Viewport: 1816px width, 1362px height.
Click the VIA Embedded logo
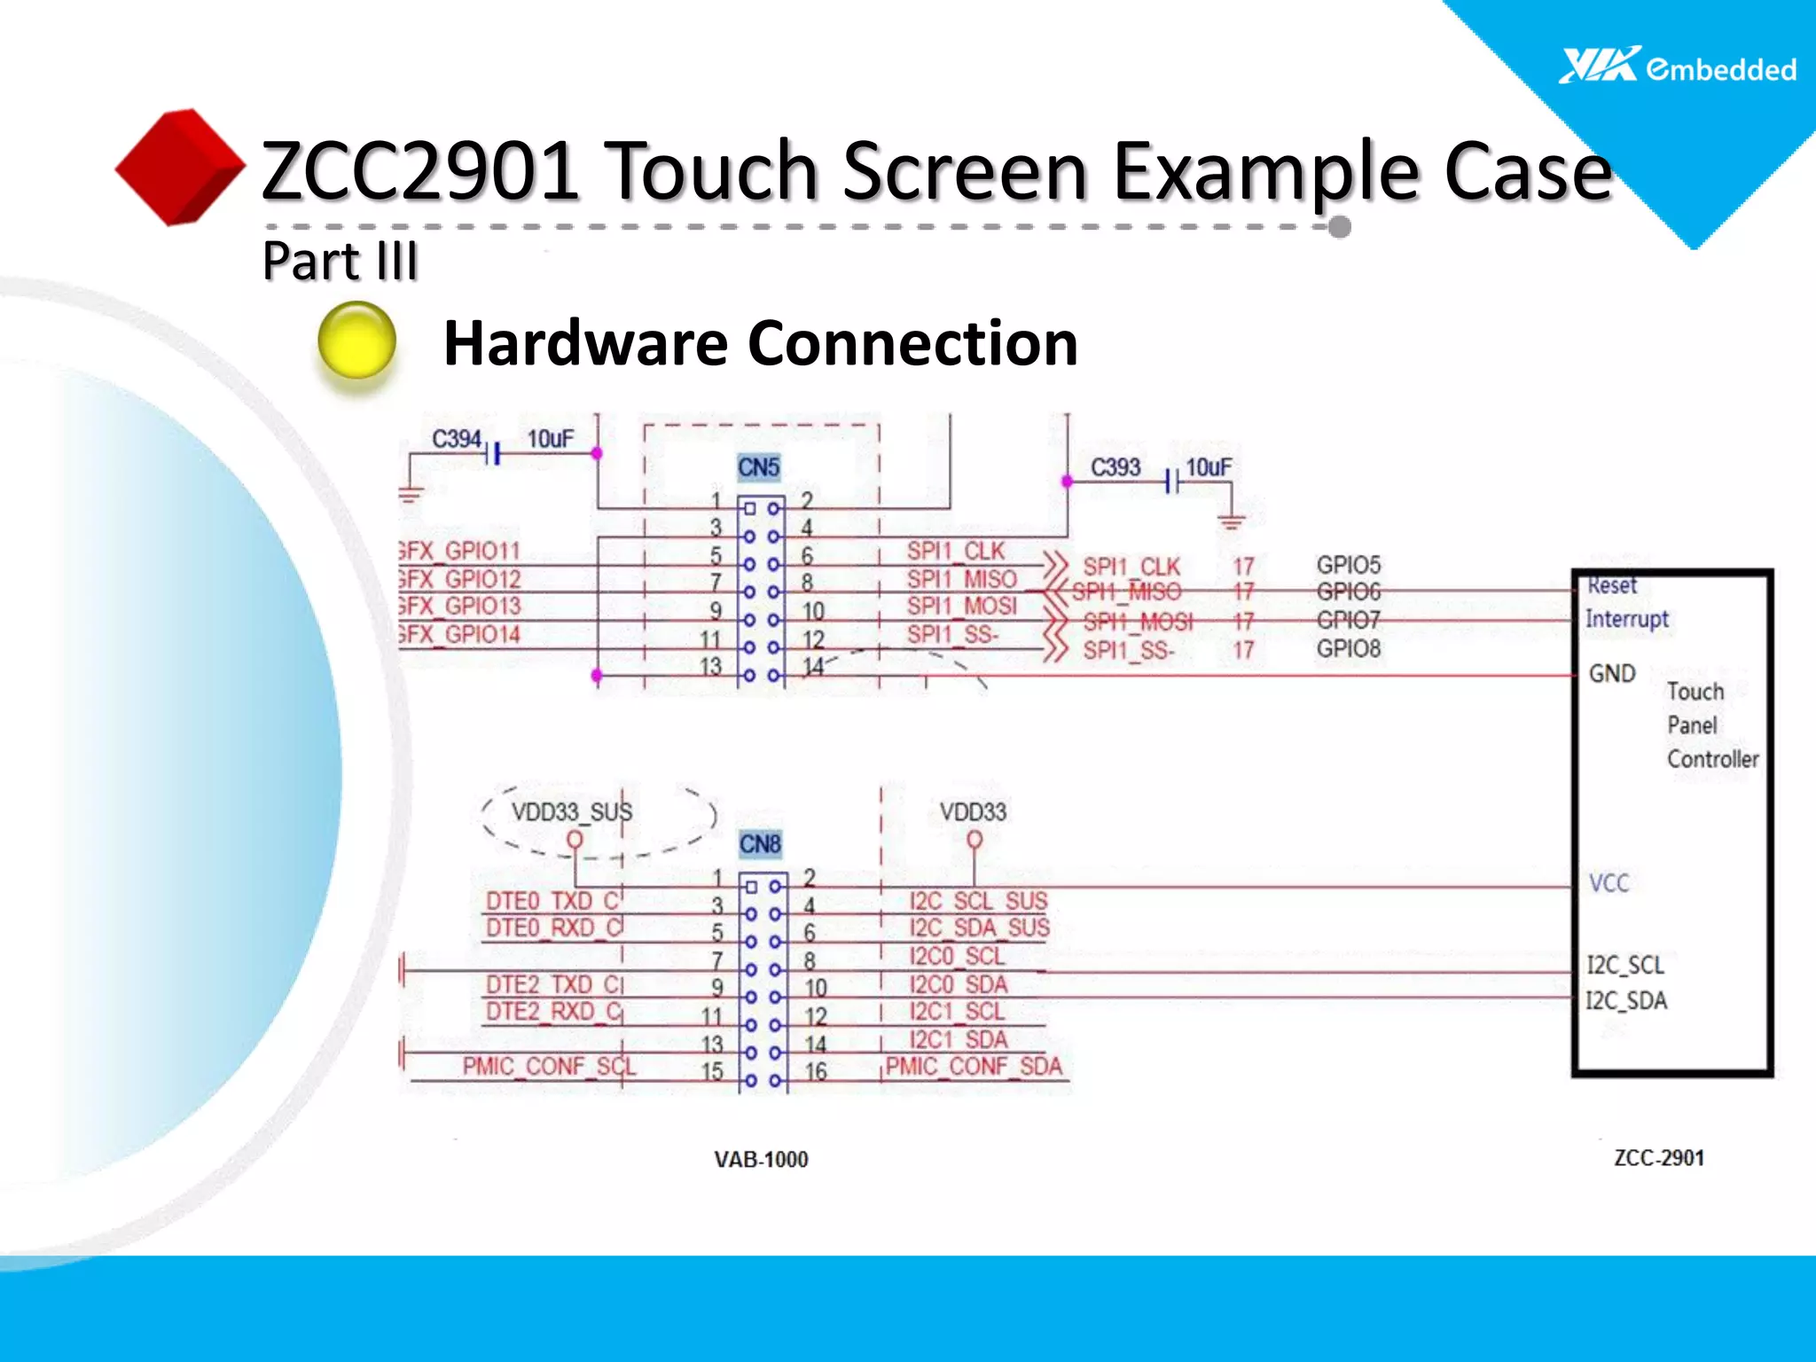click(x=1677, y=67)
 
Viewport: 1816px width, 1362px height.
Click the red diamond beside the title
click(x=180, y=167)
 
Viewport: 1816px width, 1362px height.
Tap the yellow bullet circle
click(x=356, y=341)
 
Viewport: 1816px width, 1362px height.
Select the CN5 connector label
click(x=759, y=467)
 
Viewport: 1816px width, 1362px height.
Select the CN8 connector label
click(x=760, y=844)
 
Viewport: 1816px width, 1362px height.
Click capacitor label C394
click(x=456, y=439)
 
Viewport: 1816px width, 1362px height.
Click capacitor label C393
click(x=1115, y=467)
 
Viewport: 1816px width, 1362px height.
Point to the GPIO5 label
click(x=1348, y=565)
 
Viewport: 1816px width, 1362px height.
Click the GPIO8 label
click(x=1348, y=648)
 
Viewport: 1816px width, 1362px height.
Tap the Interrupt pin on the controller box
click(x=1626, y=619)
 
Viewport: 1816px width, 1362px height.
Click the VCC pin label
click(x=1609, y=883)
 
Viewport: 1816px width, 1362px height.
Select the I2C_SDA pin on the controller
click(x=1625, y=1001)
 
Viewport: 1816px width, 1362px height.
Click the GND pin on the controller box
click(x=1611, y=674)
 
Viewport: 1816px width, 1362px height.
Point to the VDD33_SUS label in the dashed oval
click(x=572, y=812)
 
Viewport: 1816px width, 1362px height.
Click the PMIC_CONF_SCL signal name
click(x=549, y=1066)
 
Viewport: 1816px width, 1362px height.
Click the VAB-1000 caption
click(x=761, y=1160)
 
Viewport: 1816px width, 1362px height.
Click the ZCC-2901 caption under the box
click(x=1658, y=1158)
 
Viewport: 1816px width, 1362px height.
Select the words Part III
click(x=340, y=262)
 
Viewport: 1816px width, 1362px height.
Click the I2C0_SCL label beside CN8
click(x=957, y=957)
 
